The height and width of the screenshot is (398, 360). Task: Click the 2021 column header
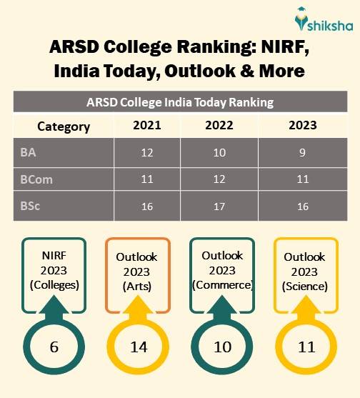(x=147, y=126)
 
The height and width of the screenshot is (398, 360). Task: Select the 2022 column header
(x=219, y=126)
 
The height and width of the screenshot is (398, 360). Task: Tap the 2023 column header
(x=303, y=126)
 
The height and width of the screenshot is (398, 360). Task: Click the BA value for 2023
(x=303, y=153)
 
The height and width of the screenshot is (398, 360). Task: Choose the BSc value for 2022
(x=219, y=207)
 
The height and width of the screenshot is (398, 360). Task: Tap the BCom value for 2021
(x=147, y=180)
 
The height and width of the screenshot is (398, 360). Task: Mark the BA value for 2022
(x=219, y=153)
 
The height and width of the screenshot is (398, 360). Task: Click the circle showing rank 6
(x=54, y=347)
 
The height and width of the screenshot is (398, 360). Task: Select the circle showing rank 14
(x=138, y=347)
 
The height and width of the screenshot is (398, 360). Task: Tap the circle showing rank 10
(x=222, y=347)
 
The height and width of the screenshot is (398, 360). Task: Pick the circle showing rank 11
(x=306, y=347)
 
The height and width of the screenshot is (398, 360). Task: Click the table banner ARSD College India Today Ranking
(x=180, y=102)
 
